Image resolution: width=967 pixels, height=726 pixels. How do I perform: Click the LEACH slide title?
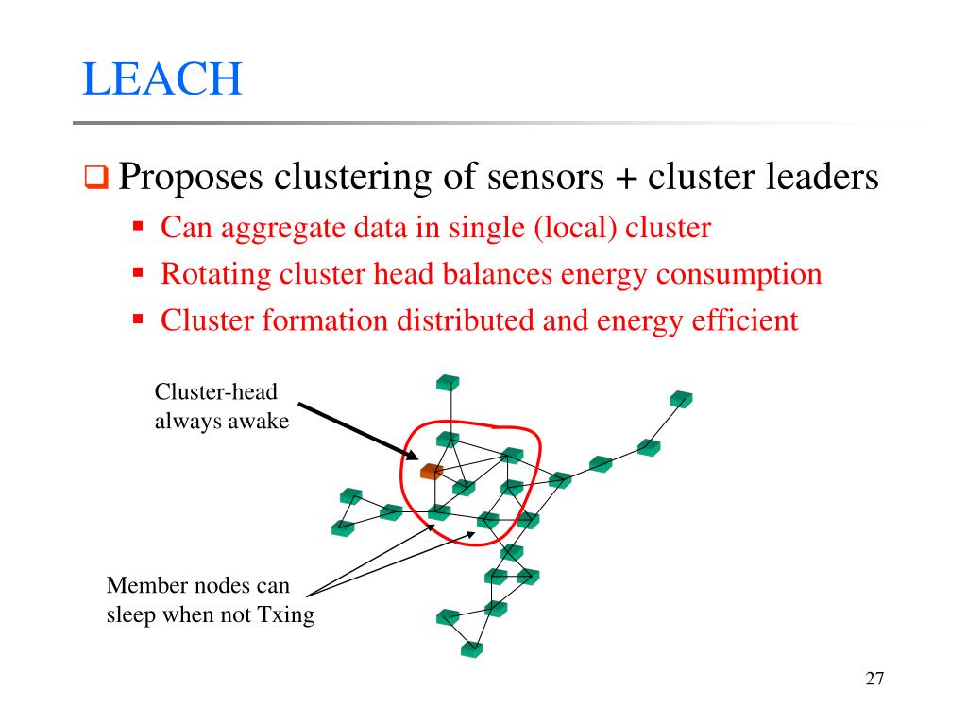[x=162, y=79]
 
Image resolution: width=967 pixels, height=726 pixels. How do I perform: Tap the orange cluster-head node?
[x=432, y=471]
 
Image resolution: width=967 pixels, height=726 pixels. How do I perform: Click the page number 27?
[x=874, y=679]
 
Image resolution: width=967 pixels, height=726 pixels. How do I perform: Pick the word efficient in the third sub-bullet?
[x=746, y=321]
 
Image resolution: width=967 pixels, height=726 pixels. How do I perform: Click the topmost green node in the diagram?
[x=448, y=383]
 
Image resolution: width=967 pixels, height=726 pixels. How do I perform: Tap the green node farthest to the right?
[x=680, y=399]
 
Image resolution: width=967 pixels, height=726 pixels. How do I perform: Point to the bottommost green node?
[x=472, y=650]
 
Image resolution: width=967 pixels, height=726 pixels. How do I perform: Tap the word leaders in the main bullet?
[x=821, y=177]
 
